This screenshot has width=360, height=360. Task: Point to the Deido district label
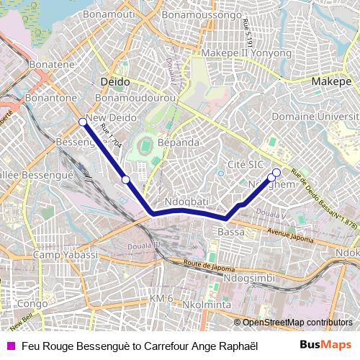(115, 82)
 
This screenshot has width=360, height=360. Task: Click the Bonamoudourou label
(135, 97)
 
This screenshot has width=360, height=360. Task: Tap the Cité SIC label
(245, 164)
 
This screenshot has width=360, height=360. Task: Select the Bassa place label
(230, 233)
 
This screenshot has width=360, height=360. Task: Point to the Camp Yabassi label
(65, 256)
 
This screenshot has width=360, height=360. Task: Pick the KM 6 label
(161, 298)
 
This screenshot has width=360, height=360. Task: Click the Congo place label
(32, 303)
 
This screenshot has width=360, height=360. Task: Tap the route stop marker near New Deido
(84, 122)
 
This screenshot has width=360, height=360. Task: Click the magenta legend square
(9, 346)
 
